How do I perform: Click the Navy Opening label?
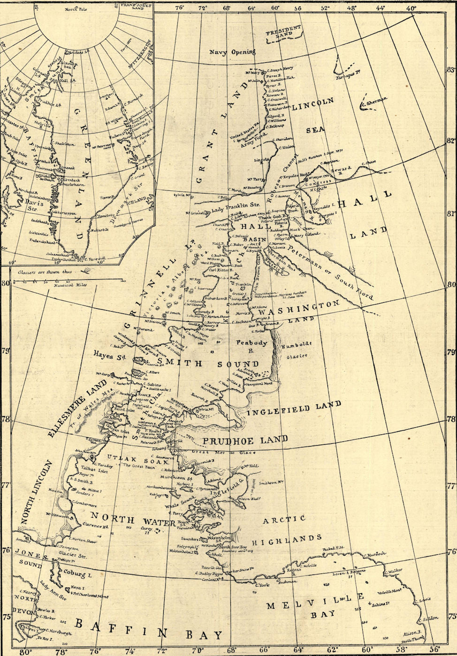click(232, 52)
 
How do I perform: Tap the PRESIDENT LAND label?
click(283, 34)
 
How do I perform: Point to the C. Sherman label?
click(375, 100)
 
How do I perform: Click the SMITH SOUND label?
click(208, 364)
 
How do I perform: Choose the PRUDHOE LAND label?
click(244, 440)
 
